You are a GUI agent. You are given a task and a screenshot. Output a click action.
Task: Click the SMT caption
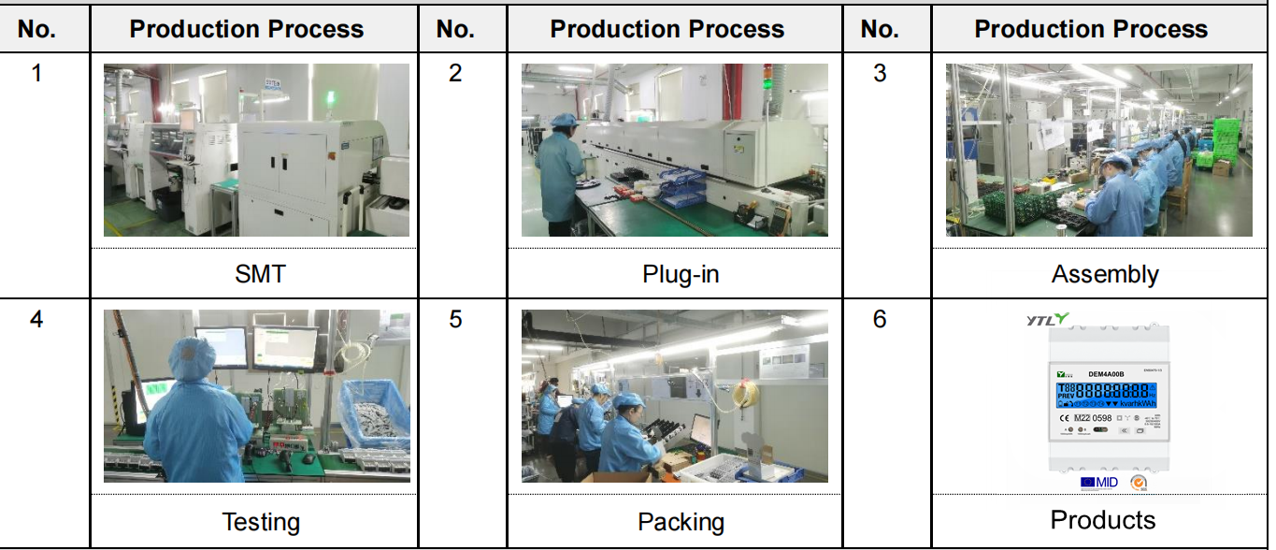pyautogui.click(x=260, y=274)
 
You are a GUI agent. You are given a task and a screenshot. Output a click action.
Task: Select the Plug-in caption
pyautogui.click(x=681, y=274)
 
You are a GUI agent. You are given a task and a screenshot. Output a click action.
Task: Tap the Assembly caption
pyautogui.click(x=1104, y=274)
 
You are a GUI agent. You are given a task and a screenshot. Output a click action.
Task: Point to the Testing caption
pyautogui.click(x=261, y=521)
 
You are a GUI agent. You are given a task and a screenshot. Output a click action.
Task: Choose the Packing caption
pyautogui.click(x=681, y=521)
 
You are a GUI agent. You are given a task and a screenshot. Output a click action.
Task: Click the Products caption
pyautogui.click(x=1103, y=520)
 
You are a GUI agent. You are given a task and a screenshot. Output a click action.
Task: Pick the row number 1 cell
pyautogui.click(x=36, y=73)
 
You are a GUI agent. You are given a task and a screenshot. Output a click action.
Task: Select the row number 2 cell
pyautogui.click(x=455, y=73)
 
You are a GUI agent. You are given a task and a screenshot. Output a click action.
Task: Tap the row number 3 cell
pyautogui.click(x=879, y=73)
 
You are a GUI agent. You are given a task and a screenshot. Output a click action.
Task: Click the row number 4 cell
pyautogui.click(x=36, y=319)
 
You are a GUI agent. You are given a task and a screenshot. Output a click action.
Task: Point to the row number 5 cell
pyautogui.click(x=455, y=319)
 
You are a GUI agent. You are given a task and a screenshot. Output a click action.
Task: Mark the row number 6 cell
pyautogui.click(x=879, y=319)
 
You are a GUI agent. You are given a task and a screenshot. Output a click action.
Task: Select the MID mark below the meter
pyautogui.click(x=1099, y=483)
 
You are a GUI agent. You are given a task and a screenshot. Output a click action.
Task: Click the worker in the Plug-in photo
pyautogui.click(x=560, y=173)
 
